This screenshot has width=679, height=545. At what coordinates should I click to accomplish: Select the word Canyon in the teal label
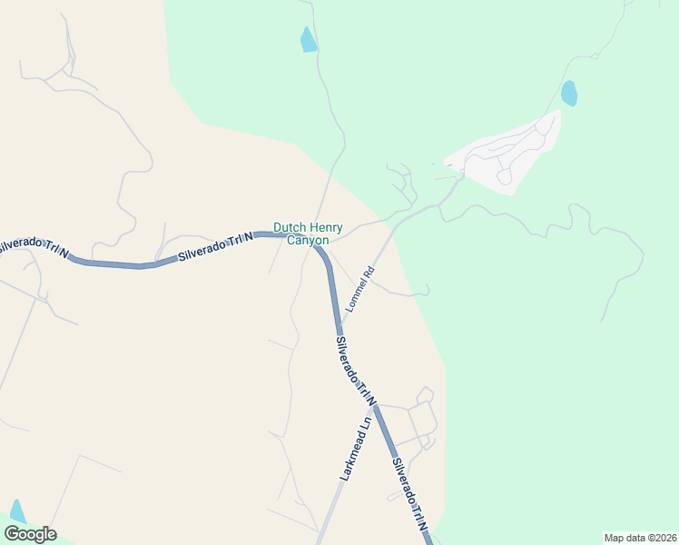coord(308,241)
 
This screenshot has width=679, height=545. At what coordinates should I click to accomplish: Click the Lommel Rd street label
coord(359,289)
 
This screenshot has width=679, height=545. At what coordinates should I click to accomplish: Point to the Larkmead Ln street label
coord(356,448)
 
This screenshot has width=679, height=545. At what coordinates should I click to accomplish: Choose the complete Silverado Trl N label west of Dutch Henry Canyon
coord(216,245)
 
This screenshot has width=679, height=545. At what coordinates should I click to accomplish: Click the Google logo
coord(30,534)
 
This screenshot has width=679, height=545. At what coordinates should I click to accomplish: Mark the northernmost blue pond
coord(309,40)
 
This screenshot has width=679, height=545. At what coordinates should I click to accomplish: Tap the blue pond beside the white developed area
coord(569,93)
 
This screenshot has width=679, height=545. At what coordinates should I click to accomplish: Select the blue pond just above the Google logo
coord(17,511)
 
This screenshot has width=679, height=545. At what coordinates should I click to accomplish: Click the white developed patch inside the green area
coord(508,154)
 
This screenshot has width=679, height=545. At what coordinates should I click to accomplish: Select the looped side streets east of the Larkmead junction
coord(420,422)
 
